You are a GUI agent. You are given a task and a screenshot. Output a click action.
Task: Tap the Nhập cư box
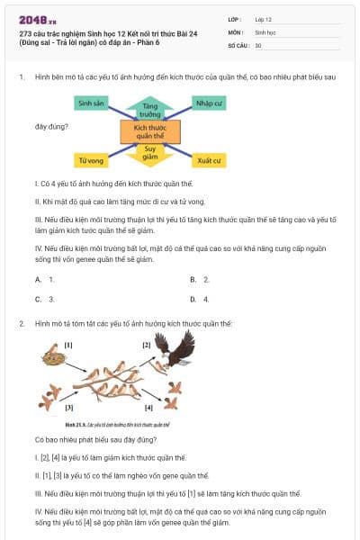click(x=210, y=103)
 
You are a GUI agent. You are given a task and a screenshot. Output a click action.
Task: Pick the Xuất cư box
click(x=210, y=161)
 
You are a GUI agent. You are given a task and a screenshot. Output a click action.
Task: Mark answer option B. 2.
click(x=200, y=280)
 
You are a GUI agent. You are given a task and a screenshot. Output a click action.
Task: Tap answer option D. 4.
click(x=200, y=299)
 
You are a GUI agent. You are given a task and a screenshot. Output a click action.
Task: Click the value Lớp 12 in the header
click(x=264, y=18)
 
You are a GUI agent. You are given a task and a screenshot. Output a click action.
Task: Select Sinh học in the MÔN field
click(x=265, y=31)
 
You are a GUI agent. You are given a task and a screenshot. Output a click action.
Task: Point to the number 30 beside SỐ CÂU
click(x=258, y=45)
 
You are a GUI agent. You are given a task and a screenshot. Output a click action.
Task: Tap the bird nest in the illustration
click(x=52, y=358)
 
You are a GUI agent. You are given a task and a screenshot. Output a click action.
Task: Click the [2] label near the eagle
click(x=147, y=345)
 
